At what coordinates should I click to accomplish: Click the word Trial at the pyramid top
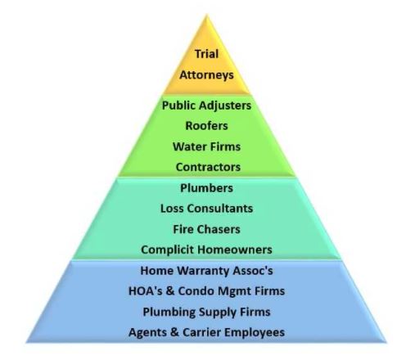206,54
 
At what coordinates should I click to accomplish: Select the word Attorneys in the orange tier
206,74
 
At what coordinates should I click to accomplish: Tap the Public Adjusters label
206,106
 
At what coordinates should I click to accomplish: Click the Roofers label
206,126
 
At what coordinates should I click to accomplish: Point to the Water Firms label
206,146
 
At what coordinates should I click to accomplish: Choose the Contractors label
208,167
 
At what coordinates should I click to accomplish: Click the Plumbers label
206,188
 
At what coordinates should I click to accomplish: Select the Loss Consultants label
206,209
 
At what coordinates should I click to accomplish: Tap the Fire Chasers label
206,229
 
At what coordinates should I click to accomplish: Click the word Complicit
167,250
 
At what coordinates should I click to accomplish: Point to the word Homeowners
234,250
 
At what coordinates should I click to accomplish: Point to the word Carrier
202,332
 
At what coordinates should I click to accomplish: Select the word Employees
255,333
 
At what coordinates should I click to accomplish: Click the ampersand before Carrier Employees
174,332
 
